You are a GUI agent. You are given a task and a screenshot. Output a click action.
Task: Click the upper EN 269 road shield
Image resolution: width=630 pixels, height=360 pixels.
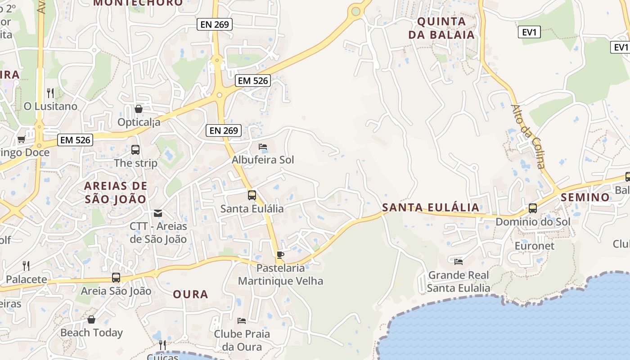(215, 24)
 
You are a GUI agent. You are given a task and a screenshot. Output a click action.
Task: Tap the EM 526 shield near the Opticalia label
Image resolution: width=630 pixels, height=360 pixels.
(253, 81)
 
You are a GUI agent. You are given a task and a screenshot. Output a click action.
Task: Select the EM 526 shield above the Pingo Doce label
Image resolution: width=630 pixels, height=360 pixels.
(76, 140)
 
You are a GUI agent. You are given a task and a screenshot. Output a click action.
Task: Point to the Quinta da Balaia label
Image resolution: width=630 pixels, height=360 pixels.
(441, 28)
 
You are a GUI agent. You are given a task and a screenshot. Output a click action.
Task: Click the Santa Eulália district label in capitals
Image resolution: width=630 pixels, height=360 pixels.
(431, 207)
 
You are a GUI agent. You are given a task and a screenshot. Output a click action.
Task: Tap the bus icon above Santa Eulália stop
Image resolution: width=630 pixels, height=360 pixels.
(252, 195)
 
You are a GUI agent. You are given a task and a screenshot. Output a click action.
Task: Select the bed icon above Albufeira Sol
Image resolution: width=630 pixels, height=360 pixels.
(263, 147)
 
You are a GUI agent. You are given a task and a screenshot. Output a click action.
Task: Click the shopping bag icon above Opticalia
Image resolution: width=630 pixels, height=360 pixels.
(139, 109)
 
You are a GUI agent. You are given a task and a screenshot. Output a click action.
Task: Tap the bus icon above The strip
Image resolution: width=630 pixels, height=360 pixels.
(135, 150)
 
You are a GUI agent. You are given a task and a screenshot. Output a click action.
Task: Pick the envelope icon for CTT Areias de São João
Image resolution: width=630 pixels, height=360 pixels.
(158, 213)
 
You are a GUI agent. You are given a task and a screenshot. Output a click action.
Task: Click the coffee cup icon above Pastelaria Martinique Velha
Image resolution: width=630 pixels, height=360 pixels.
(280, 255)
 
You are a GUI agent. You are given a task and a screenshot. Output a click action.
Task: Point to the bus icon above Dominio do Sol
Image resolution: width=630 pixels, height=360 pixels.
(533, 208)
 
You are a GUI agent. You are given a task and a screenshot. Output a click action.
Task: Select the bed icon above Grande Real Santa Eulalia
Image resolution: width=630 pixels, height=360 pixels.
(459, 261)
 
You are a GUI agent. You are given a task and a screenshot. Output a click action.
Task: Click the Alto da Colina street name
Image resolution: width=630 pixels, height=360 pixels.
(528, 136)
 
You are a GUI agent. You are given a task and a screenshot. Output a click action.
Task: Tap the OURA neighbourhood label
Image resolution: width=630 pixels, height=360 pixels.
(191, 294)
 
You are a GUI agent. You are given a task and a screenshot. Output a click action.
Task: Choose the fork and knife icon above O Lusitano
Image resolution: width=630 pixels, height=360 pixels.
(50, 93)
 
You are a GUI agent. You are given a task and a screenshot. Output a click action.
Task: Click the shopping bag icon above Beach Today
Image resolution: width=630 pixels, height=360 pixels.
(91, 319)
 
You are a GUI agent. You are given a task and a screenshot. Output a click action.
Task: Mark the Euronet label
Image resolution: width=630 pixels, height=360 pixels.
(535, 246)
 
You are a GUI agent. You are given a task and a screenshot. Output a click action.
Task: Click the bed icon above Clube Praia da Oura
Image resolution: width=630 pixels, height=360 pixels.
(242, 321)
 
